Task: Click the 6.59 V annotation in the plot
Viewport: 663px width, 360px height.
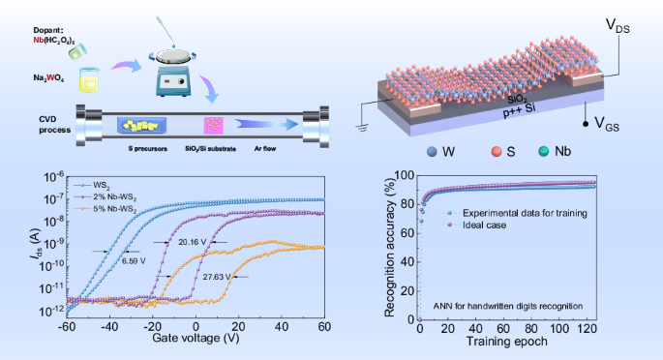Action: coord(136,260)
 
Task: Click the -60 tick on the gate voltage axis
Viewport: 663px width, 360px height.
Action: coord(67,327)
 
